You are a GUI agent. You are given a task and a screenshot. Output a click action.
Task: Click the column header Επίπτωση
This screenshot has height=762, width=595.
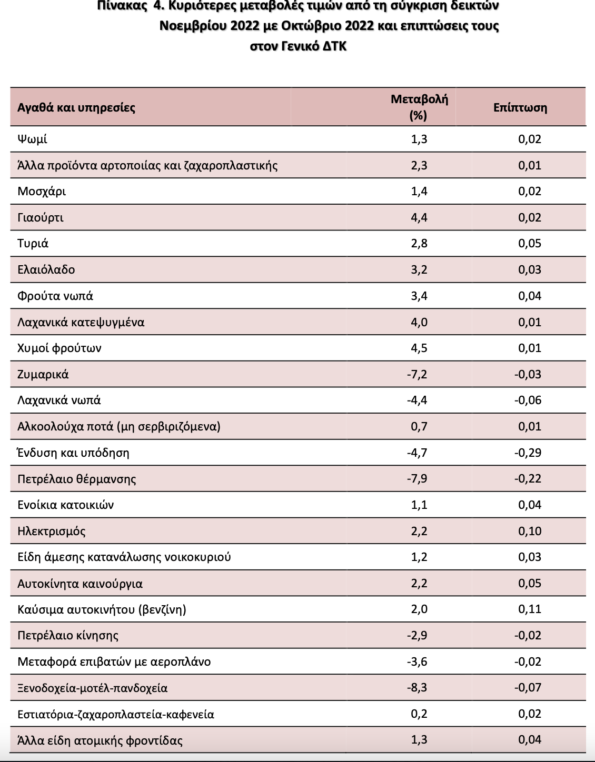coord(520,107)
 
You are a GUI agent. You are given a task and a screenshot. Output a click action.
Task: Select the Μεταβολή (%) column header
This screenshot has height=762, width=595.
coord(419,107)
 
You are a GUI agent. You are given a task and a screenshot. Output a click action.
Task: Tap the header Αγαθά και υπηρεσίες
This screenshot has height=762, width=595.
coord(76,107)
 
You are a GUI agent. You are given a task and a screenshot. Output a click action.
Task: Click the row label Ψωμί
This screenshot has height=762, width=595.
coord(32,139)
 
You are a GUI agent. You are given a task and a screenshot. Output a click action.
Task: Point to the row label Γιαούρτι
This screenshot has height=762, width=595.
coord(41,217)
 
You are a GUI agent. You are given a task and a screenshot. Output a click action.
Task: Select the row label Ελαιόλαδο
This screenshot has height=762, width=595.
coord(46,269)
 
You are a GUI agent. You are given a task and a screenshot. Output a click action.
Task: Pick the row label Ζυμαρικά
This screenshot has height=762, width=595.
coord(43,374)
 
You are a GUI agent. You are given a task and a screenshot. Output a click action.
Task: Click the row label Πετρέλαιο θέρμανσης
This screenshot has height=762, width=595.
coord(77,479)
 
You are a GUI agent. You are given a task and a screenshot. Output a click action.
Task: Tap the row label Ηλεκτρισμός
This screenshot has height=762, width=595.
coord(52,531)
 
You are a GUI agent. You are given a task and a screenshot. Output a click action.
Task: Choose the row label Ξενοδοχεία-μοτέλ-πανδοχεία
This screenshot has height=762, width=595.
coord(93,688)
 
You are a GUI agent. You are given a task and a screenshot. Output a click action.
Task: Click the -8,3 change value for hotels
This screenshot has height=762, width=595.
coord(417,687)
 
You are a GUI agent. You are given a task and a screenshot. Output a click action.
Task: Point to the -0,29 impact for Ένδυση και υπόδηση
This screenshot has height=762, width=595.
coord(528,453)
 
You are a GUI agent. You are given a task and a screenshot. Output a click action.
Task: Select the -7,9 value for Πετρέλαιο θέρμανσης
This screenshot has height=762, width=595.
coord(417,478)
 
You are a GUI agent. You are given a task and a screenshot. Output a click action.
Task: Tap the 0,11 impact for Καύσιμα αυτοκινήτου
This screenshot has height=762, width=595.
coord(530,609)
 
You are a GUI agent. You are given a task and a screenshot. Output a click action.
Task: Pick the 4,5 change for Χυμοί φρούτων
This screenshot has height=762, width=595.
coord(419,348)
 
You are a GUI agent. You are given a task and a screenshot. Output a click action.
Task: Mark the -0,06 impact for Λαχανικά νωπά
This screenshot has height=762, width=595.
coord(528,400)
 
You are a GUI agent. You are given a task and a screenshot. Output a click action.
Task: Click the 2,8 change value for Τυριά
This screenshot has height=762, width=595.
coord(419,243)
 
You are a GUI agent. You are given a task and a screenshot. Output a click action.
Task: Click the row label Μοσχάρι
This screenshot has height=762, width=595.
coord(42,191)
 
